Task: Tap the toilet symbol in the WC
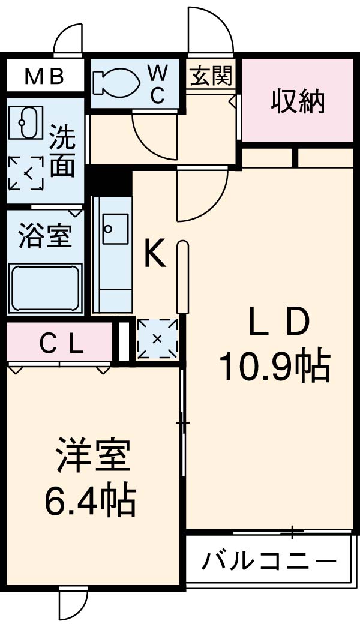tap(118, 82)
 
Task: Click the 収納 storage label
tap(298, 101)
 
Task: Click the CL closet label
tap(61, 343)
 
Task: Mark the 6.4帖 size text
tap(90, 501)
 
